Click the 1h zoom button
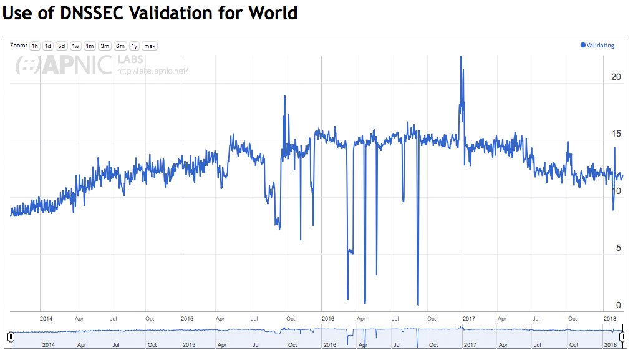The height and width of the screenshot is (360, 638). [35, 46]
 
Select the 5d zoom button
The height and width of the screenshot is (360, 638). [61, 46]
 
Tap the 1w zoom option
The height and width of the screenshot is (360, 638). [75, 46]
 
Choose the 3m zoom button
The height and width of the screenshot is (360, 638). [105, 46]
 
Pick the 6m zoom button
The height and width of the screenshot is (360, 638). [120, 46]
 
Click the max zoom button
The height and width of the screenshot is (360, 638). [150, 46]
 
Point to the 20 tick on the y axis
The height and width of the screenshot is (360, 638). [616, 77]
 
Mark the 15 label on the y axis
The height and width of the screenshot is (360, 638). [616, 134]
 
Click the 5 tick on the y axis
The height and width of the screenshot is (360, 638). [619, 248]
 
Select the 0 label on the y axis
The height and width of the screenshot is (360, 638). [619, 305]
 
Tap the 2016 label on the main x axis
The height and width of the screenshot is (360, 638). [328, 318]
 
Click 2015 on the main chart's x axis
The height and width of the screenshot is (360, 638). [187, 318]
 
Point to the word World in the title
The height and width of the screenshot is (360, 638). [273, 12]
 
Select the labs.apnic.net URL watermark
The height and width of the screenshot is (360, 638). [153, 71]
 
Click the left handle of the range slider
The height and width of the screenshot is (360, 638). [11, 337]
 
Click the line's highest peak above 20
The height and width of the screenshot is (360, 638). [461, 57]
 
